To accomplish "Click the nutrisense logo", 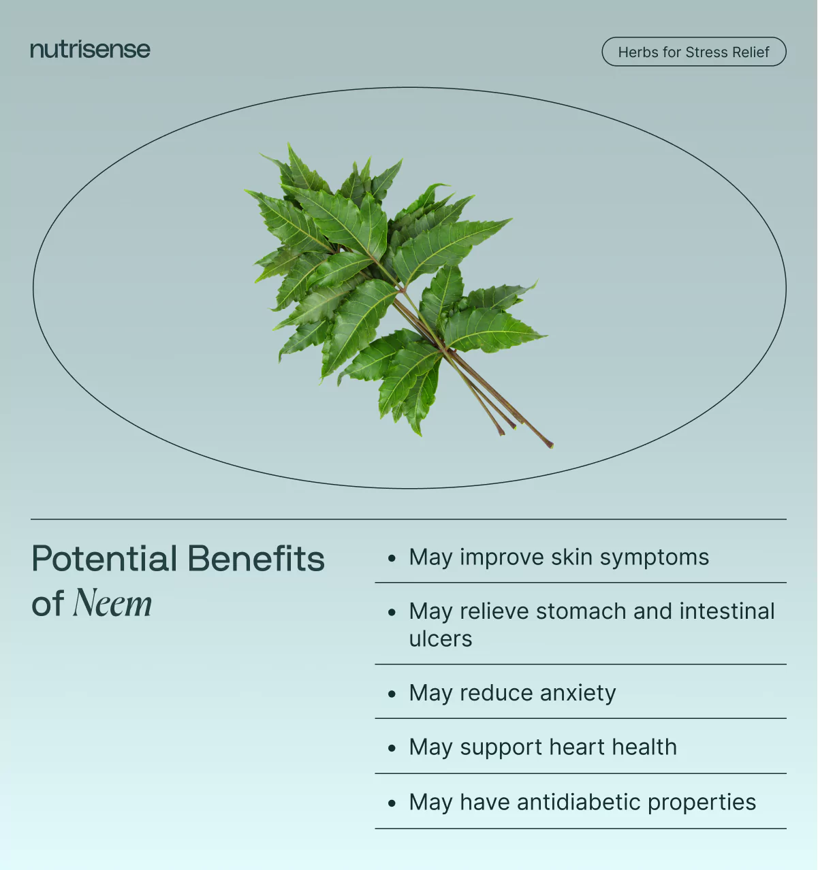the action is (91, 50).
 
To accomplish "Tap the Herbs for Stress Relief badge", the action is (694, 52).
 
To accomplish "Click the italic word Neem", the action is (112, 603).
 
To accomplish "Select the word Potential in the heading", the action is (104, 558).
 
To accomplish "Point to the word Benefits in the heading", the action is (257, 558).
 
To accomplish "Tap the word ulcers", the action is (441, 639).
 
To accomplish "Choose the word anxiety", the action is (578, 694).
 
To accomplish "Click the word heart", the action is (577, 747).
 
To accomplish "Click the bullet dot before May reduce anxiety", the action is (392, 694).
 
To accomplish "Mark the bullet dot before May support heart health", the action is (392, 747).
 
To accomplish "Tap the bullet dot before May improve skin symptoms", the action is (392, 558).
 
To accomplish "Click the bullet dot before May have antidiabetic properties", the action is (392, 803).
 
